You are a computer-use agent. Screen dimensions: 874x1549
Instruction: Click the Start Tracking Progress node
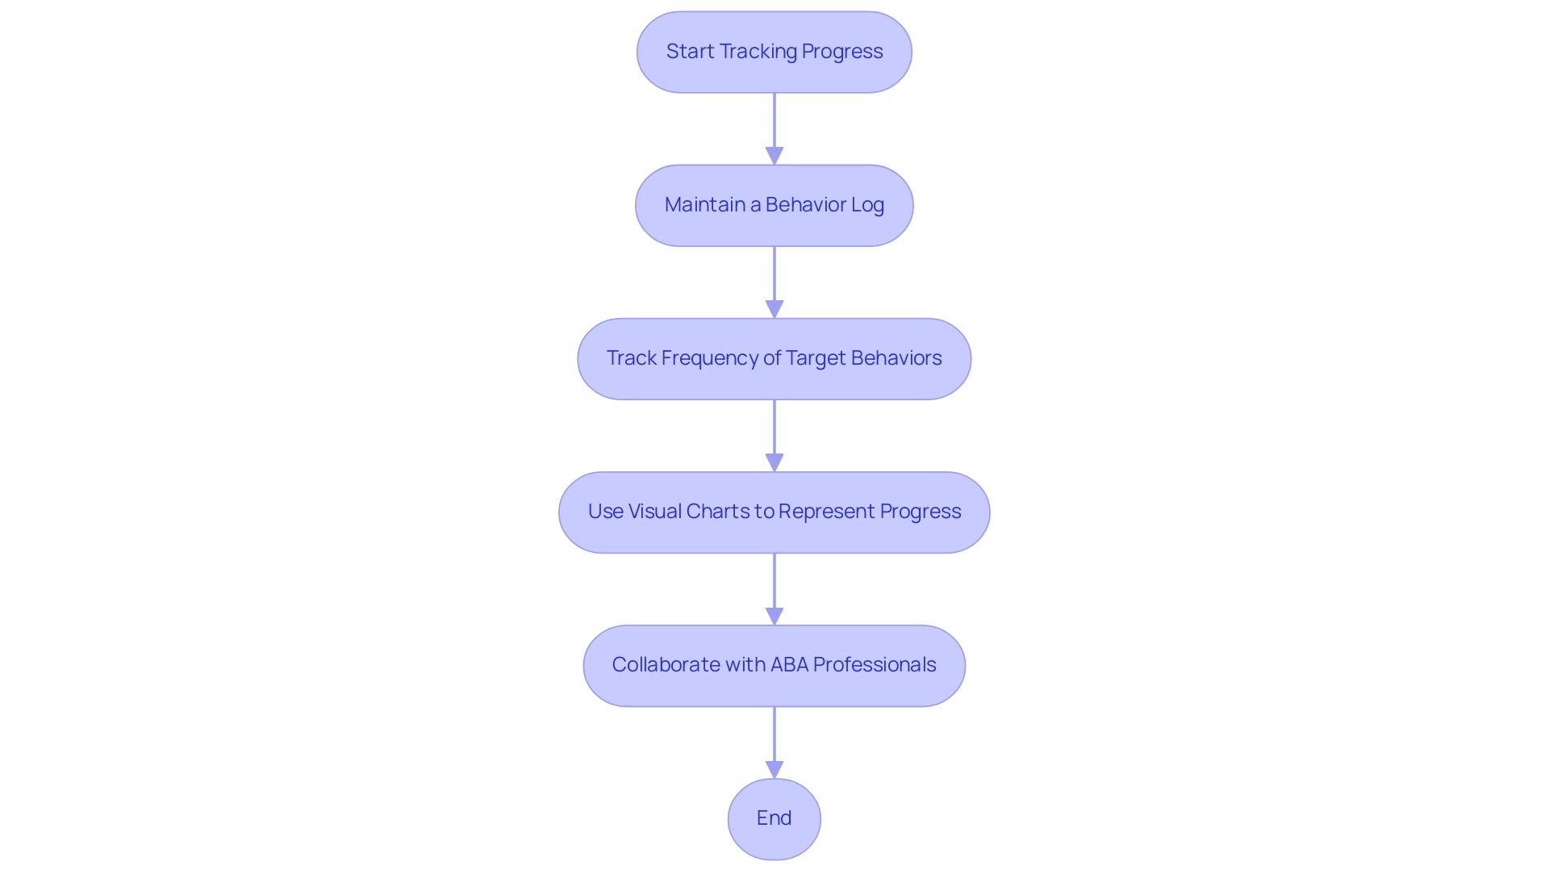[774, 52]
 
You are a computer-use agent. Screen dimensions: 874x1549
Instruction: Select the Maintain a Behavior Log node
[774, 205]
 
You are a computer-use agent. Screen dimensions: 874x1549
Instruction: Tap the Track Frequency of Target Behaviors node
[774, 358]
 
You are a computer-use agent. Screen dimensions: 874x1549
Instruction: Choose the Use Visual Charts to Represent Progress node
[774, 512]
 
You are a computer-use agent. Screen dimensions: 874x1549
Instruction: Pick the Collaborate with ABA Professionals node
[774, 665]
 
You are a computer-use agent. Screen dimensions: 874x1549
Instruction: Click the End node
[774, 818]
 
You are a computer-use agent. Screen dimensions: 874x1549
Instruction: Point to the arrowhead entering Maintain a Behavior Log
[774, 156]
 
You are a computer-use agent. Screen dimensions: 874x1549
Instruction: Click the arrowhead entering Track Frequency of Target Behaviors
[774, 309]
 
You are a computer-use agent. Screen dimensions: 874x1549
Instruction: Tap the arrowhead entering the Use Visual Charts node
[774, 462]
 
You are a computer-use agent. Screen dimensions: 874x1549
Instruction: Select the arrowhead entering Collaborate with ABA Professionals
[774, 616]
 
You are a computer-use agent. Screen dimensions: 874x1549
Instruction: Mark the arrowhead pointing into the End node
[774, 769]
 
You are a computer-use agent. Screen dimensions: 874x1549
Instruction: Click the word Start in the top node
[690, 52]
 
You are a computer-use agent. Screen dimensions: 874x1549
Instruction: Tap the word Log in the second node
[867, 205]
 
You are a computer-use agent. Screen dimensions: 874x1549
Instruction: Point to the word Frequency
[709, 358]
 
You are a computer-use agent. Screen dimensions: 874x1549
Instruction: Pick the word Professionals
[875, 665]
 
